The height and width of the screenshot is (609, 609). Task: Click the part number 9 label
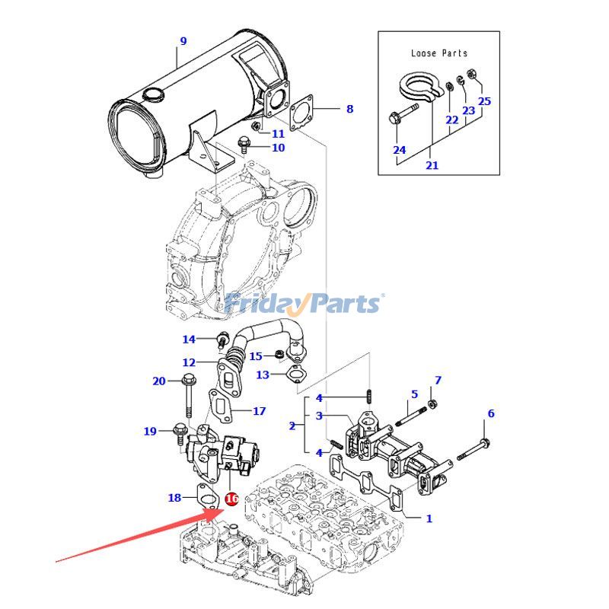point(183,40)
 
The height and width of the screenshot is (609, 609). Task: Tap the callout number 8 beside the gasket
point(349,109)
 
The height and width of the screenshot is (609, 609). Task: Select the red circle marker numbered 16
point(231,499)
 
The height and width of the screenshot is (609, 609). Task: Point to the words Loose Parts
point(439,53)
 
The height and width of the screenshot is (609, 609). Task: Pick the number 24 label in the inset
point(400,150)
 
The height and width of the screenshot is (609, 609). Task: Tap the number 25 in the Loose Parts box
point(484,101)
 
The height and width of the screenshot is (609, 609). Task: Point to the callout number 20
point(158,381)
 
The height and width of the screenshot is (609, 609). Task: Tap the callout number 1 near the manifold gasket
point(429,518)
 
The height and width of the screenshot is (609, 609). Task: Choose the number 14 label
point(188,340)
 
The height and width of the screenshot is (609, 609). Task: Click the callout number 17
point(259,411)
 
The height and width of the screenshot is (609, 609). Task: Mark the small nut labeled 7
point(432,402)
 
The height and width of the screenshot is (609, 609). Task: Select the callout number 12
point(188,362)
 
